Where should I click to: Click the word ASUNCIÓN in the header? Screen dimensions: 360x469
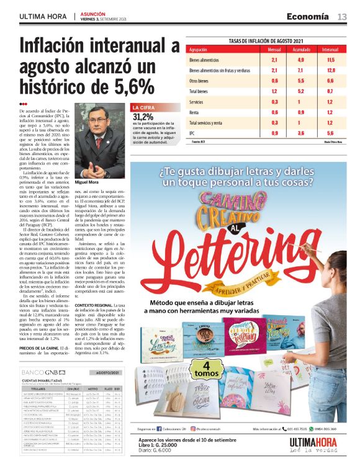93,13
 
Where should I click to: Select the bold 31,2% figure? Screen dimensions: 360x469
143,116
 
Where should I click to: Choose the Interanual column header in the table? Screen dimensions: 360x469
330,49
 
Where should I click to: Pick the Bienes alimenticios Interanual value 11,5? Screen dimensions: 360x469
330,60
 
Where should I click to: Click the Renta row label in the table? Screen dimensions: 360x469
195,112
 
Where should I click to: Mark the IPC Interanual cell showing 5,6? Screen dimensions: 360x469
330,133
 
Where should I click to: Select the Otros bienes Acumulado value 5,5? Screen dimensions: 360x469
300,81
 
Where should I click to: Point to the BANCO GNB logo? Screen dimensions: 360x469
39,372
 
